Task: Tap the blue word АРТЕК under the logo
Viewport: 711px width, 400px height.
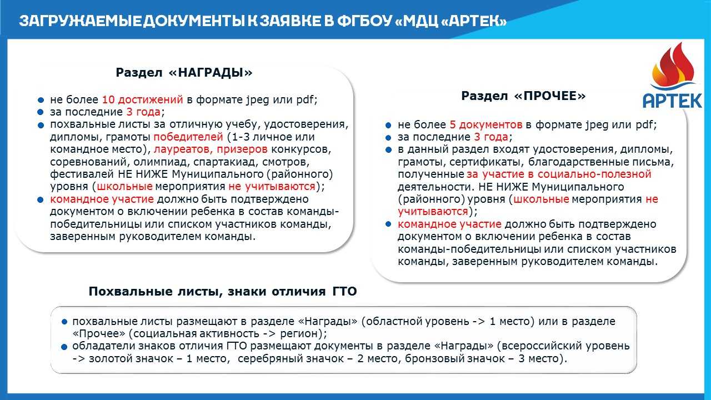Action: pyautogui.click(x=672, y=101)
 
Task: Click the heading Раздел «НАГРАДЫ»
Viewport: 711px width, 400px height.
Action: pyautogui.click(x=184, y=73)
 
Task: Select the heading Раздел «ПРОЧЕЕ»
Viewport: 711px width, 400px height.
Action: pyautogui.click(x=523, y=96)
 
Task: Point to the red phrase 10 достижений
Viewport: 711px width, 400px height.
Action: pyautogui.click(x=142, y=101)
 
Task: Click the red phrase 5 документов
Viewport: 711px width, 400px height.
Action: pyautogui.click(x=485, y=125)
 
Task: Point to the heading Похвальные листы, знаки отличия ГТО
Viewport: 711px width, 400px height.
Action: pyautogui.click(x=223, y=292)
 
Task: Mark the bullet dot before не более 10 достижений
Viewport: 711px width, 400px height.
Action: pyautogui.click(x=41, y=101)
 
